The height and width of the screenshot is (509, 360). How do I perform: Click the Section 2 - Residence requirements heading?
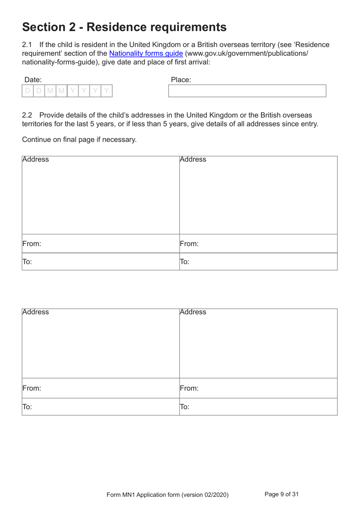pyautogui.click(x=124, y=27)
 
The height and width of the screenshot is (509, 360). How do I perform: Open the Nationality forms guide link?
pyautogui.click(x=146, y=53)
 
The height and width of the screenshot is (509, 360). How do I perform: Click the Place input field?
pyautogui.click(x=247, y=91)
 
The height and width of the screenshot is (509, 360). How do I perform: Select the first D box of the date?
pyautogui.click(x=28, y=91)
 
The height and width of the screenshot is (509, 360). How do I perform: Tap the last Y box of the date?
pyautogui.click(x=106, y=91)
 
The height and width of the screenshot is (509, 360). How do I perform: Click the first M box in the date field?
pyautogui.click(x=50, y=91)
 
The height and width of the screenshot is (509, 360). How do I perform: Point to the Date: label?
pyautogui.click(x=33, y=80)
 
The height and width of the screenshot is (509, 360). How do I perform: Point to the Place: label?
pyautogui.click(x=181, y=80)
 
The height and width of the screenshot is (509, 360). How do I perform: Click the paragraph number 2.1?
pyautogui.click(x=27, y=45)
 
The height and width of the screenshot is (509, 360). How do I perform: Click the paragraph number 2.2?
pyautogui.click(x=27, y=115)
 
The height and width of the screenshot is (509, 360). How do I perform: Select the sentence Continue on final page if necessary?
pyautogui.click(x=79, y=140)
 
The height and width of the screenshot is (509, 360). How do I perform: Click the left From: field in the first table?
pyautogui.click(x=100, y=244)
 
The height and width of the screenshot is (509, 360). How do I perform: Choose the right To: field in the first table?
pyautogui.click(x=258, y=262)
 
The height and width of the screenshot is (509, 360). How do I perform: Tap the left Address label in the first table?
pyautogui.click(x=36, y=159)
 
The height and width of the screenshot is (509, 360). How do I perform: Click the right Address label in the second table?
pyautogui.click(x=193, y=312)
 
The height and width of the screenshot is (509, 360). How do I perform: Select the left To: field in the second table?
pyautogui.click(x=100, y=407)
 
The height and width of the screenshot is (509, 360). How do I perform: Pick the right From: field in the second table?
pyautogui.click(x=258, y=388)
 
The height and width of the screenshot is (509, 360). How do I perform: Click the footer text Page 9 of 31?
pyautogui.click(x=281, y=494)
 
